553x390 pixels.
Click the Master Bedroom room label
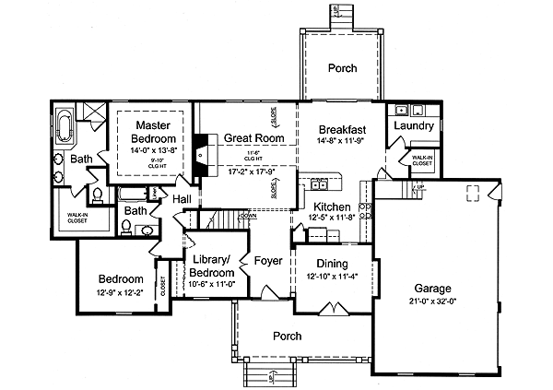(150, 131)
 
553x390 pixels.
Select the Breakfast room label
(343, 130)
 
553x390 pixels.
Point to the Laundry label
(414, 125)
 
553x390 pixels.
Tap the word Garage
(433, 287)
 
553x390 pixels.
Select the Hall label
(182, 198)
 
